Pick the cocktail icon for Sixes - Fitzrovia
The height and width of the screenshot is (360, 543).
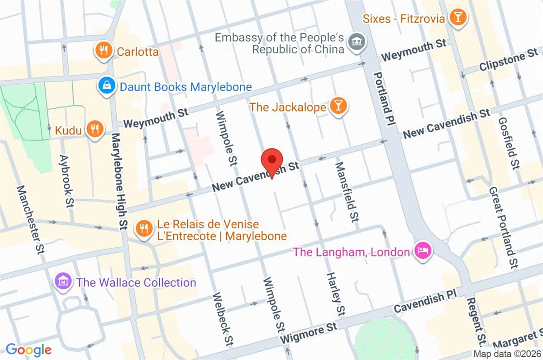(x=458, y=18)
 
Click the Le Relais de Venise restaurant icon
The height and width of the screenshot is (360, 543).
(x=144, y=229)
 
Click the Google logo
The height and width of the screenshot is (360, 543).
(x=28, y=350)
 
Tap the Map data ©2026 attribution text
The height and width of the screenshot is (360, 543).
(x=507, y=354)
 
